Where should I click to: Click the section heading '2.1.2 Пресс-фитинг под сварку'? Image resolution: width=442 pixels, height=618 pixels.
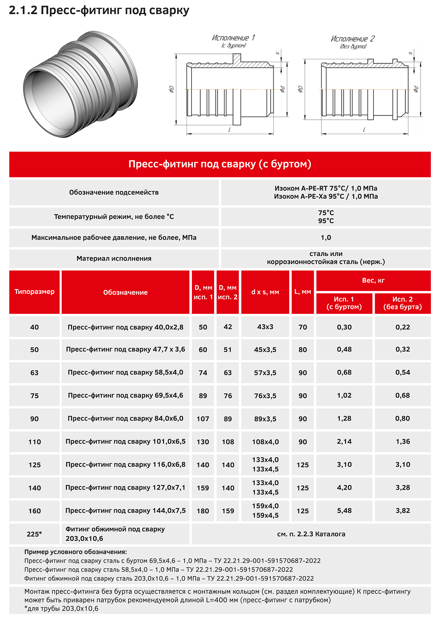(x=99, y=10)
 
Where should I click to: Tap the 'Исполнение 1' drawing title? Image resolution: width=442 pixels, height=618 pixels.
(x=233, y=38)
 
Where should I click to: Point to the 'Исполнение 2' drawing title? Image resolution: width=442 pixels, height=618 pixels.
(x=352, y=39)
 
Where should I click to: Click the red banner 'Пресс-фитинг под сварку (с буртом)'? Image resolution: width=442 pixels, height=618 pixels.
(x=220, y=164)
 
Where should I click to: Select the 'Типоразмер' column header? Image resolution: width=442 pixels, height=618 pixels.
(x=34, y=292)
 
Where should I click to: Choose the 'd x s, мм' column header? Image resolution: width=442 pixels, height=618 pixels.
(x=265, y=292)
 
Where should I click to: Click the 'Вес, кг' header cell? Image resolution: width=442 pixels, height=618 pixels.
(x=373, y=280)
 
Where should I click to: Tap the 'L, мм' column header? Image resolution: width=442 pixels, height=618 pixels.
(x=303, y=292)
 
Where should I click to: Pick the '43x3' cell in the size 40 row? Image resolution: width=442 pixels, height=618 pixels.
(x=265, y=327)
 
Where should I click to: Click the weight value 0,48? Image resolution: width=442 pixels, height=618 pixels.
(x=344, y=349)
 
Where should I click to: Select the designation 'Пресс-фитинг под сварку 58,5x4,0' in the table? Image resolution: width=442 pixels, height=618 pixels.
(x=125, y=372)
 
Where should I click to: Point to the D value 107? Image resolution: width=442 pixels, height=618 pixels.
(x=203, y=419)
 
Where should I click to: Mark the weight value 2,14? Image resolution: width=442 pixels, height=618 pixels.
(x=344, y=441)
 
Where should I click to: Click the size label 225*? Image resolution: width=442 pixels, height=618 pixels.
(x=34, y=534)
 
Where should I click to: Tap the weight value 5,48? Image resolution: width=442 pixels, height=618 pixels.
(x=344, y=510)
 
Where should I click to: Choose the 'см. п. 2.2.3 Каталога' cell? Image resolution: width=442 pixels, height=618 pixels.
(x=311, y=534)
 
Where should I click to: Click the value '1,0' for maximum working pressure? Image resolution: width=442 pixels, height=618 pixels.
(x=326, y=238)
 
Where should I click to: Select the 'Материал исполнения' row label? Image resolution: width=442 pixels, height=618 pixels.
(x=114, y=259)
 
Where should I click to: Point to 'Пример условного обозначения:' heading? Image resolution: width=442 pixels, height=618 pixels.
(x=76, y=552)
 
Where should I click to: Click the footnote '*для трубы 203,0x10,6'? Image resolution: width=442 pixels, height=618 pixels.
(x=62, y=608)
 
